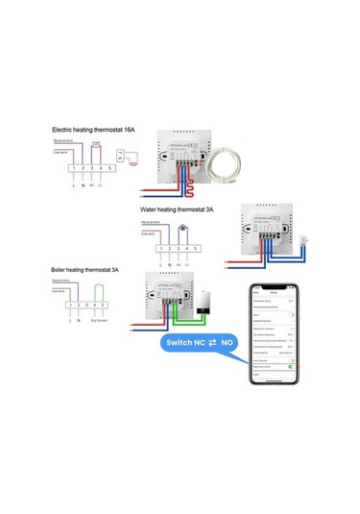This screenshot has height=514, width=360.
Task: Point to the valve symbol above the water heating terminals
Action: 181,229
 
